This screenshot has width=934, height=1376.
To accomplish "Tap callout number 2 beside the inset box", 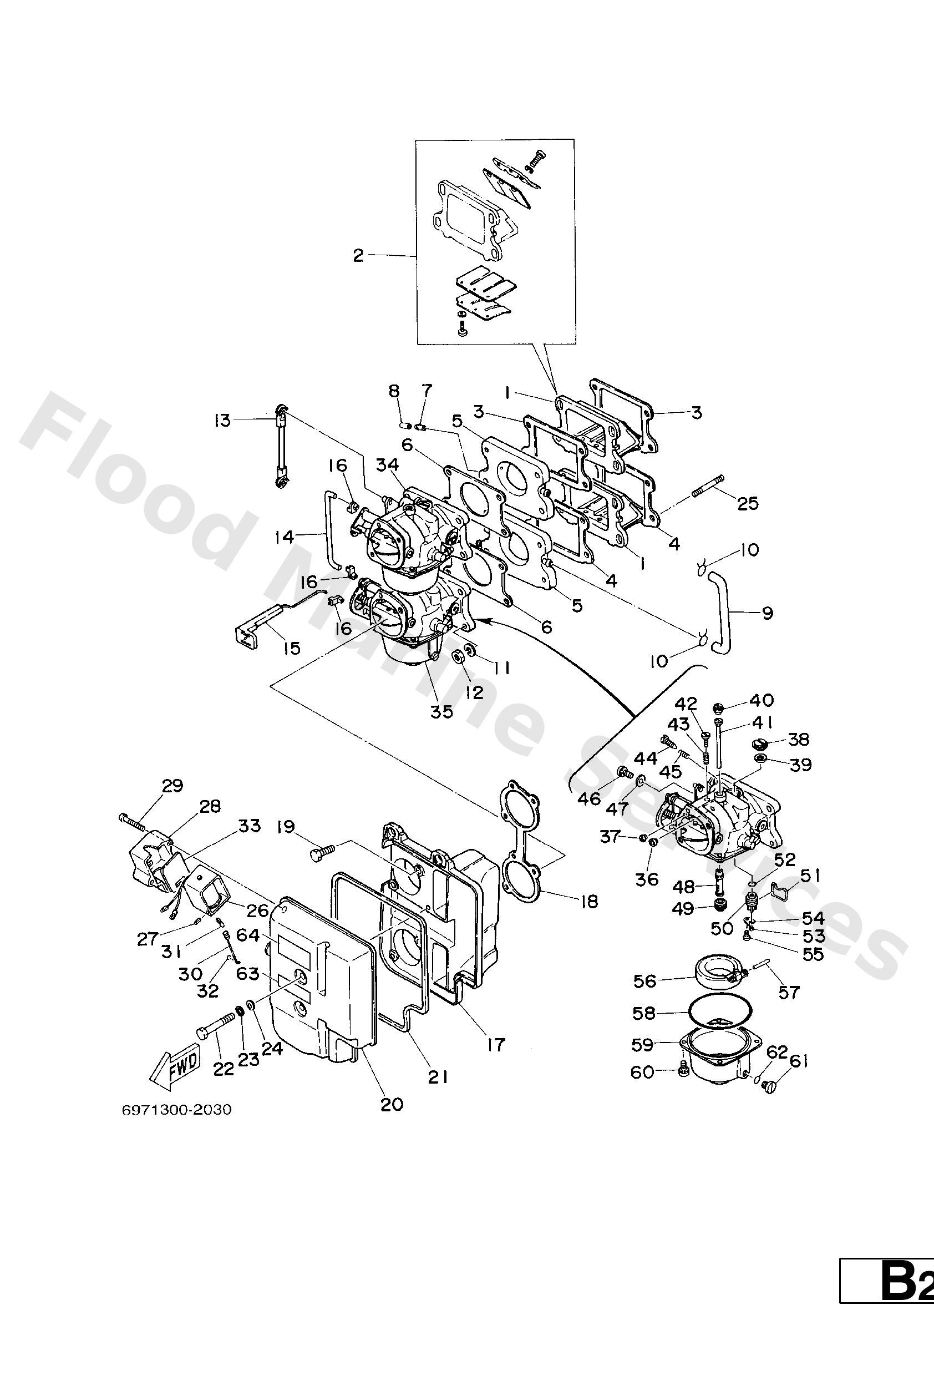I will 358,255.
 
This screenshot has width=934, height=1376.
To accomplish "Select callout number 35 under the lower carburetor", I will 441,711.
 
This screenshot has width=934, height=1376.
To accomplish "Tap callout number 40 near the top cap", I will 761,700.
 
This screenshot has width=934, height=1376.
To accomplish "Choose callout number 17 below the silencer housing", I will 496,1044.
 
